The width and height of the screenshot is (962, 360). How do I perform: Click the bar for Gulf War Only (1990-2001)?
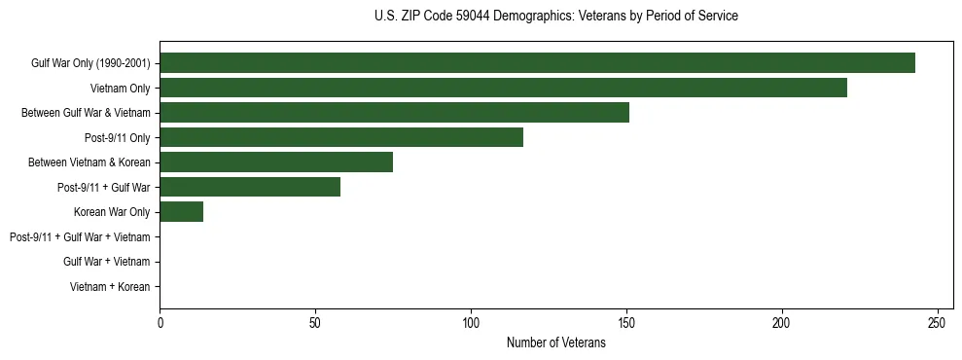point(537,63)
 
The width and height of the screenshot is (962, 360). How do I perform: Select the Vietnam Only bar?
point(503,89)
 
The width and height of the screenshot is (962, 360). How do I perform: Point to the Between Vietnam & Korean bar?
point(276,162)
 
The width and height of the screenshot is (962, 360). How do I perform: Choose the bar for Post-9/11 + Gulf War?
point(250,187)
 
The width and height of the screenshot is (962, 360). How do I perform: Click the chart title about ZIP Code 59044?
point(555,17)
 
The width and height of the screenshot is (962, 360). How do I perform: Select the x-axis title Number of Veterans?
point(555,342)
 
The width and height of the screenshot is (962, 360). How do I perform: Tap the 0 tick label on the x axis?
point(160,322)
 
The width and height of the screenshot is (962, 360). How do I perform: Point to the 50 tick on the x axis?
point(315,322)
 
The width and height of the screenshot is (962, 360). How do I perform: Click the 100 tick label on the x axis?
point(471,322)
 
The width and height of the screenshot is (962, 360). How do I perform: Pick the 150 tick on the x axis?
point(626,322)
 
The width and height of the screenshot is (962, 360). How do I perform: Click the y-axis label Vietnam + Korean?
point(109,287)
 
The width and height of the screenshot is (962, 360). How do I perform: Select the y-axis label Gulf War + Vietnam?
point(106,262)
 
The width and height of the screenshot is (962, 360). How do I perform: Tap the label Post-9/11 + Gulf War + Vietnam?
point(79,237)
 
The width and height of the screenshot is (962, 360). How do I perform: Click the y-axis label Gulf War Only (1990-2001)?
point(89,64)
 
